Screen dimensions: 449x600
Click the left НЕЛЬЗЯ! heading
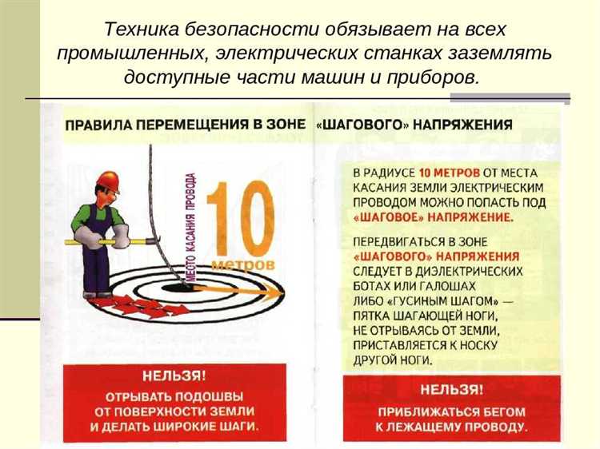pyautogui.click(x=173, y=376)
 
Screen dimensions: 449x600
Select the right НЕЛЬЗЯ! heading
pyautogui.click(x=451, y=391)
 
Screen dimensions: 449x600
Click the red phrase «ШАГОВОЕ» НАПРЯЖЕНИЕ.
pyautogui.click(x=433, y=217)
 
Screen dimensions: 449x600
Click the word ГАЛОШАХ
pyautogui.click(x=490, y=285)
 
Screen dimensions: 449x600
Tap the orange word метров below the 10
pyautogui.click(x=243, y=263)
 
